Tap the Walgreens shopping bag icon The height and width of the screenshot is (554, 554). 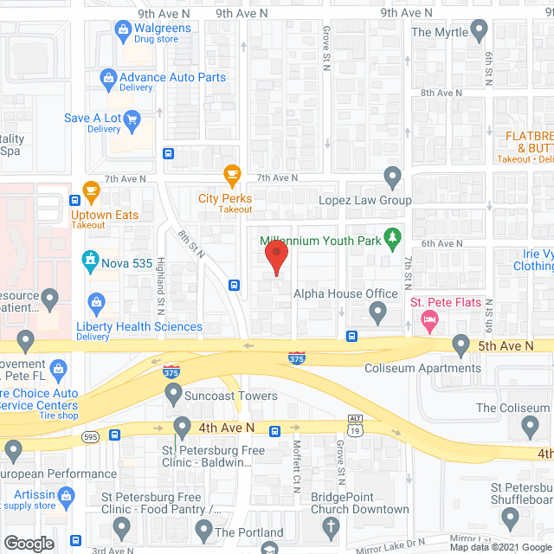coord(123,33)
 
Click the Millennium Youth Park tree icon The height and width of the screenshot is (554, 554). coord(393,235)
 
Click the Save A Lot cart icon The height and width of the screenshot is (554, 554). coord(132,118)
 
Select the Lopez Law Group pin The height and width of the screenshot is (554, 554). coord(393,179)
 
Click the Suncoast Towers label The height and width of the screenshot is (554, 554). coord(230,396)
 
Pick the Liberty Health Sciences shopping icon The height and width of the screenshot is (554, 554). coord(97,302)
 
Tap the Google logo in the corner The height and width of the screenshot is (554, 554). coord(29,543)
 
